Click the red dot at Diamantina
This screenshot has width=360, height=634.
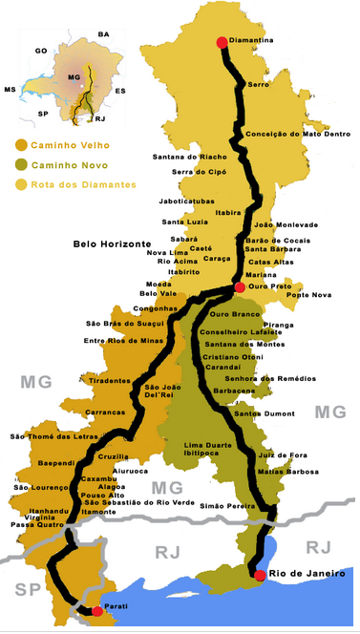[x=222, y=42]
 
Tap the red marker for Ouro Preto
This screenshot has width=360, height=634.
[x=239, y=286]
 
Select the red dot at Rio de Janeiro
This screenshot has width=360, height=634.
[x=260, y=575]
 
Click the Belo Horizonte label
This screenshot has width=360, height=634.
[x=112, y=244]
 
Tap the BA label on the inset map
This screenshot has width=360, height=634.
[x=104, y=34]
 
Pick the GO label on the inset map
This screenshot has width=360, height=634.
[x=40, y=50]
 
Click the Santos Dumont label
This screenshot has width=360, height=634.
[x=263, y=413]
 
